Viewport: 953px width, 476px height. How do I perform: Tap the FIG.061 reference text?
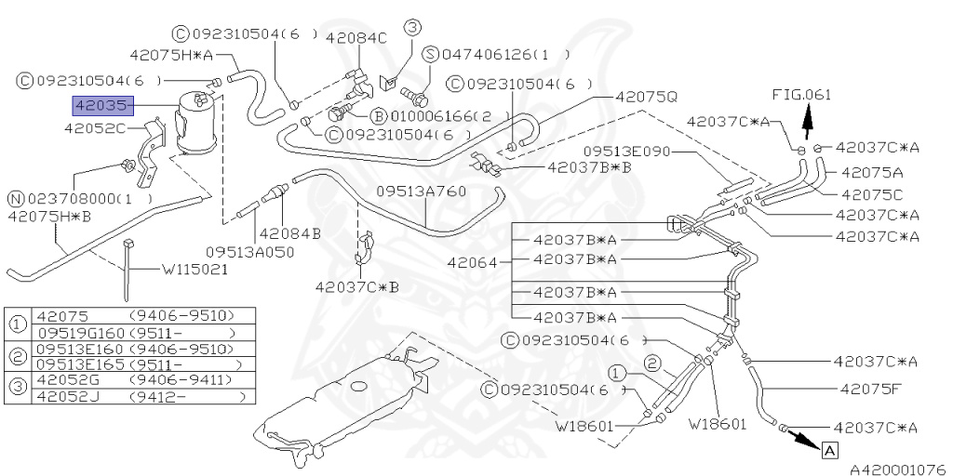[x=800, y=95]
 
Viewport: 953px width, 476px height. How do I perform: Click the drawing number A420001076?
[x=897, y=469]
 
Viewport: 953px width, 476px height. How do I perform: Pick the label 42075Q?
[x=646, y=96]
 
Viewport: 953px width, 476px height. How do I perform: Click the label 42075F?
[x=871, y=390]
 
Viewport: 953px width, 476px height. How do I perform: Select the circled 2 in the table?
[x=18, y=356]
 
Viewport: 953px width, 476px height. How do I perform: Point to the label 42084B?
[x=289, y=233]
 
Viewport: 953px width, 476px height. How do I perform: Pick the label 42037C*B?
[x=356, y=286]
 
